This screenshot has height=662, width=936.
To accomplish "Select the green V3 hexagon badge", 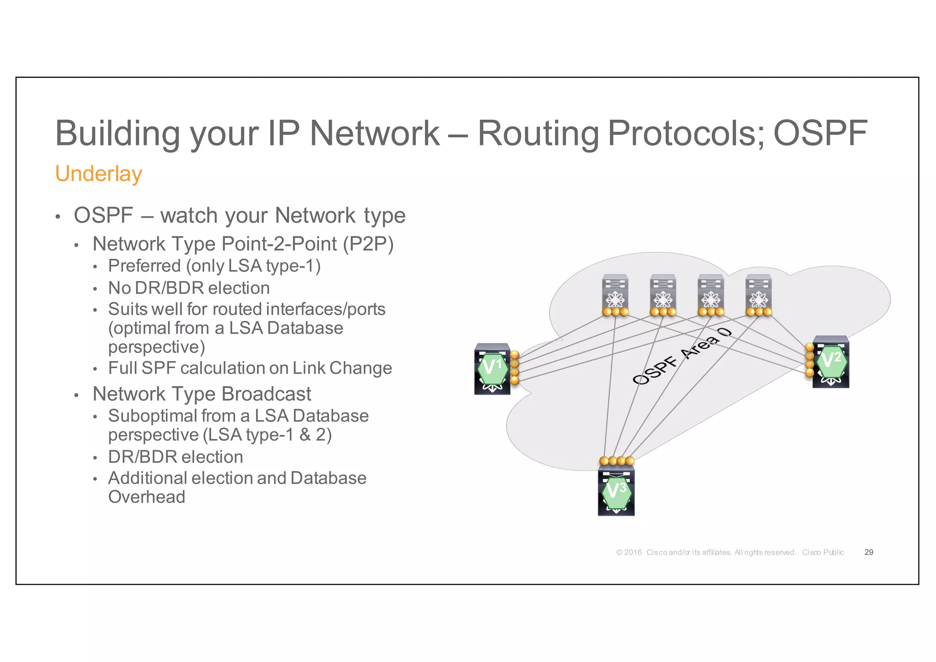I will click(617, 492).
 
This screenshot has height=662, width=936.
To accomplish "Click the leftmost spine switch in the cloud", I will click(615, 293).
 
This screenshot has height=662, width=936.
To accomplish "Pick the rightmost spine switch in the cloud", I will click(759, 293).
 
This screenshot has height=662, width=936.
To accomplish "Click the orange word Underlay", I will click(98, 174).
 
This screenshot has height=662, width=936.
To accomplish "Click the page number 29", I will click(869, 552).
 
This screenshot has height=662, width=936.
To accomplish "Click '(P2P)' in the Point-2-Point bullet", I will click(368, 244).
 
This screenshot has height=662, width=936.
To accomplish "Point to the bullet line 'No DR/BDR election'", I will click(189, 288).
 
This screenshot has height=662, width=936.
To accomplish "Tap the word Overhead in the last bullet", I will click(147, 497).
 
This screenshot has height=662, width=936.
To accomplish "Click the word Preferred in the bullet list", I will click(144, 266).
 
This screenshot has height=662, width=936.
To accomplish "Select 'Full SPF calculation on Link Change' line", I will click(250, 368).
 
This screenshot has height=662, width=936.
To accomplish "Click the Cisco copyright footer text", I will click(729, 552).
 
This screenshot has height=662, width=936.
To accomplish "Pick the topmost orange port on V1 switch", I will click(515, 355).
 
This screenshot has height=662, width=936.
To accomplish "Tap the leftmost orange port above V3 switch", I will click(604, 461).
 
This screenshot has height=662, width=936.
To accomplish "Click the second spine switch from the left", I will click(663, 293).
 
